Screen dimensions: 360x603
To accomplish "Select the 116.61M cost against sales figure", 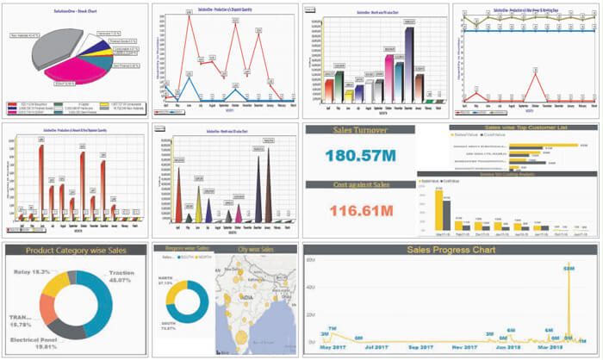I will coord(360,210).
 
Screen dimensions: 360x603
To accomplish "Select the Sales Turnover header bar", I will coord(360,130).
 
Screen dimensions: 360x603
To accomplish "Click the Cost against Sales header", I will coord(360,185).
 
